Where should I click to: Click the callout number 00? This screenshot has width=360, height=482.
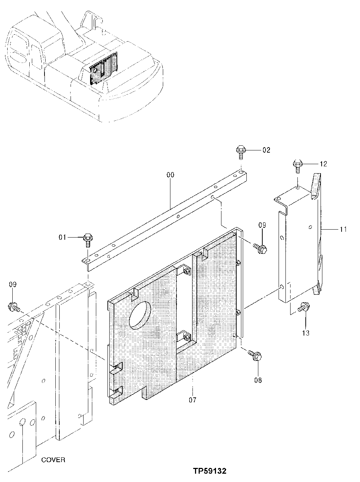point(170,175)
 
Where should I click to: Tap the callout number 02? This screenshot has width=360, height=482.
point(266,150)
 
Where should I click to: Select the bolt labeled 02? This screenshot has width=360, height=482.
point(240,151)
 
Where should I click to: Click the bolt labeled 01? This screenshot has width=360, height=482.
point(87,239)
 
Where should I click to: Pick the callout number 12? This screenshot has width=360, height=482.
point(323,164)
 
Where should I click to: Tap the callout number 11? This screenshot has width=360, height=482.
point(343,229)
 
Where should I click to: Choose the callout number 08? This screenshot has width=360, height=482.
point(258,380)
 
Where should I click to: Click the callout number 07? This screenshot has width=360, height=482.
point(192,400)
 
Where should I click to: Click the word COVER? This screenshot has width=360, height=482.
point(53,460)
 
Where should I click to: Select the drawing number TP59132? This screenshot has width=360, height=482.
point(209,471)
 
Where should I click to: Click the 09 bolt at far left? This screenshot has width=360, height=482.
point(13,307)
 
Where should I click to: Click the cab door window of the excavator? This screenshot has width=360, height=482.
point(35,56)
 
